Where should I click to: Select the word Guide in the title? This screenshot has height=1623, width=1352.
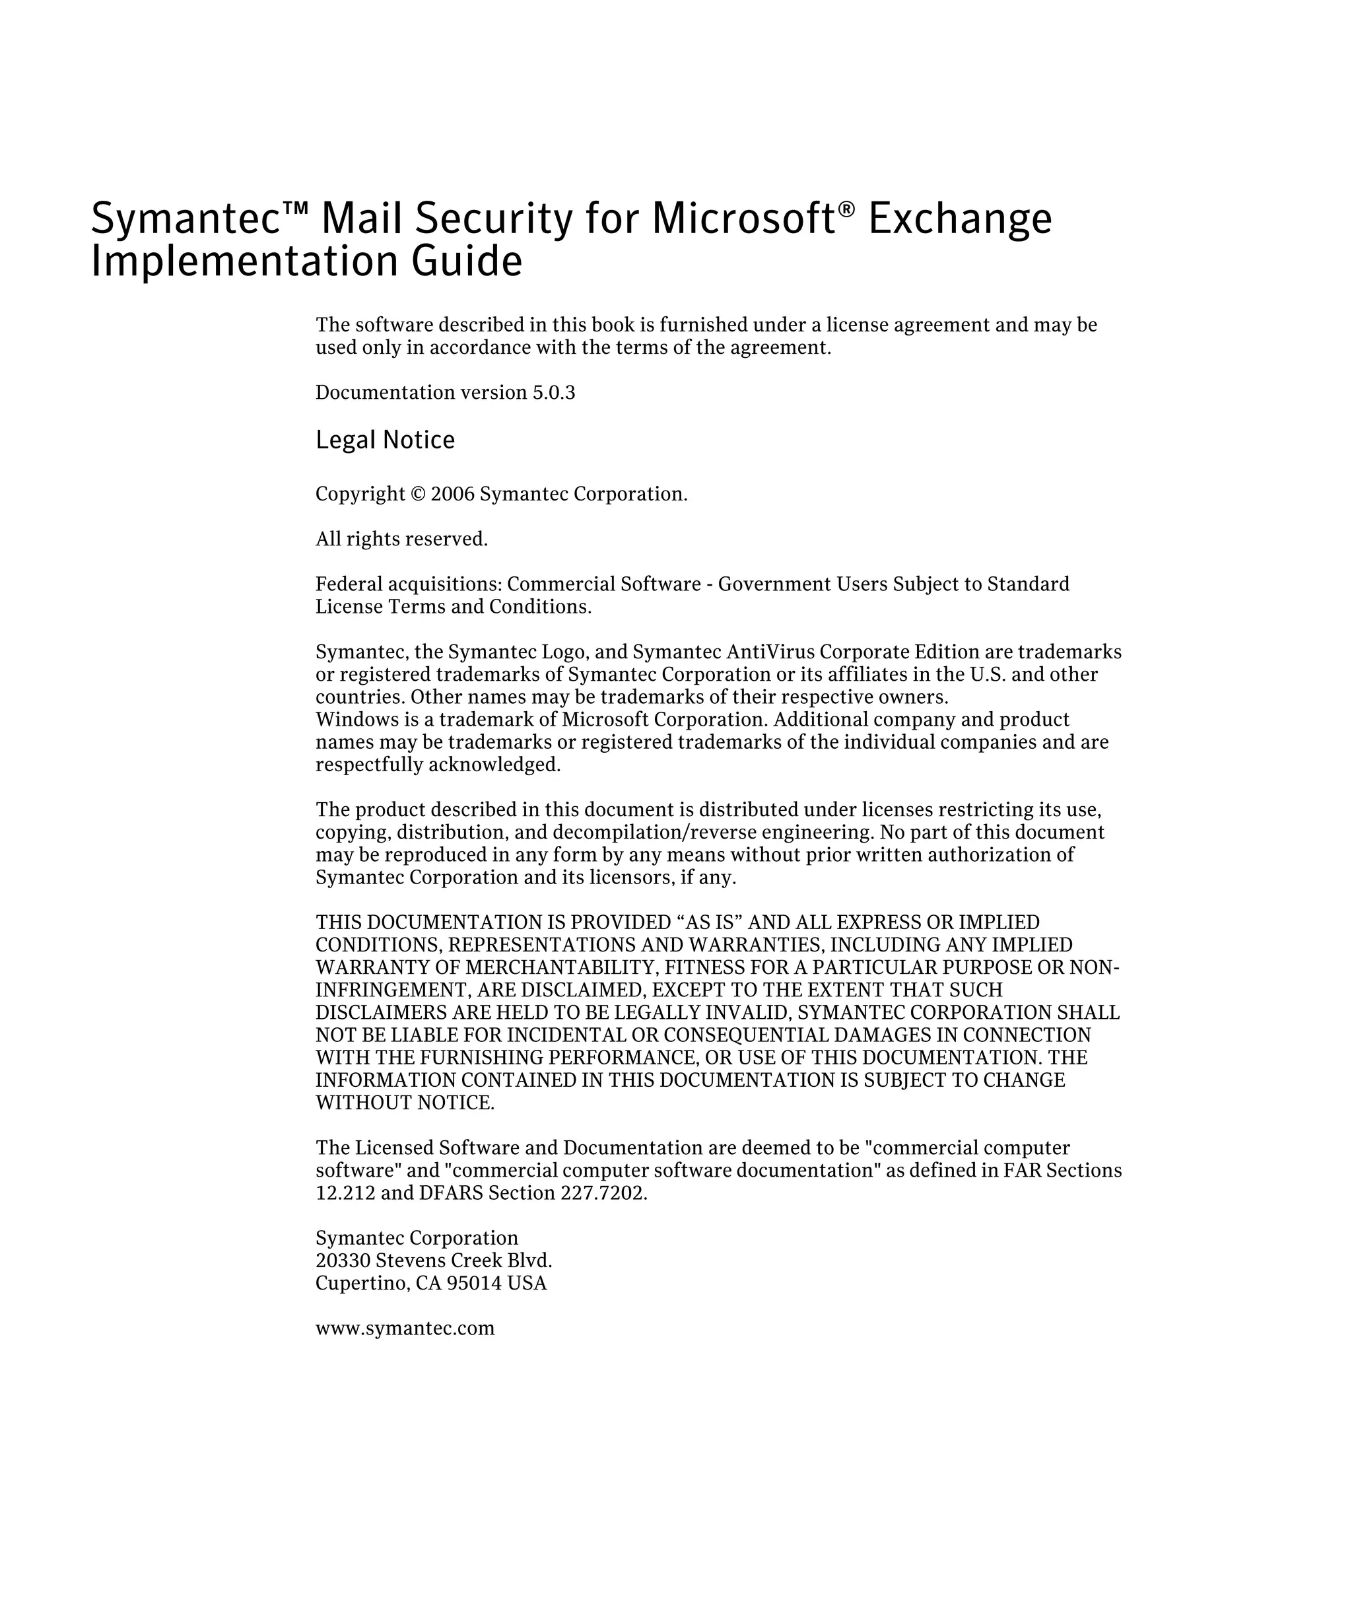point(467,261)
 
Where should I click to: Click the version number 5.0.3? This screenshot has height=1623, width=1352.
point(553,393)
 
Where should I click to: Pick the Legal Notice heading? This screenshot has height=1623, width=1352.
point(385,440)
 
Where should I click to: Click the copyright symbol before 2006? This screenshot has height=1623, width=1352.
point(417,494)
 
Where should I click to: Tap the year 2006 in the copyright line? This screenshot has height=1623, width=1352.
point(452,494)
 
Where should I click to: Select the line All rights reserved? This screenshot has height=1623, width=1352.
point(401,539)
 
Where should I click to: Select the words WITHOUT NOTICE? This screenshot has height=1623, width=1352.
point(405,1103)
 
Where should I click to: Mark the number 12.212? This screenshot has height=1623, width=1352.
point(345,1193)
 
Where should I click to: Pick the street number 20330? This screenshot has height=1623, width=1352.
point(343,1260)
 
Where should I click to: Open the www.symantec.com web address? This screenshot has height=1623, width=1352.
point(405,1329)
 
